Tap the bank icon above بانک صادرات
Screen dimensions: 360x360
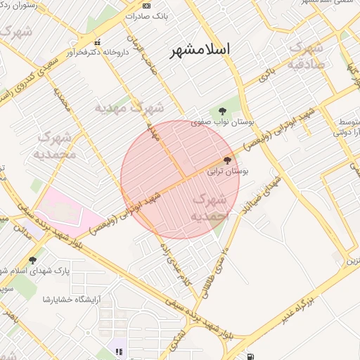(x=146, y=6)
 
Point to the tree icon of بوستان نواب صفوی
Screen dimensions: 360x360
(x=222, y=111)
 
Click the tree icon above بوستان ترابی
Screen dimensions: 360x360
(x=226, y=160)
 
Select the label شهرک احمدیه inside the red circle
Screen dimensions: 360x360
(x=210, y=208)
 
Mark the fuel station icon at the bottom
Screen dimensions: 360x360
(x=251, y=356)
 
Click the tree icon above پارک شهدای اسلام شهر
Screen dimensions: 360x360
(x=33, y=259)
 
